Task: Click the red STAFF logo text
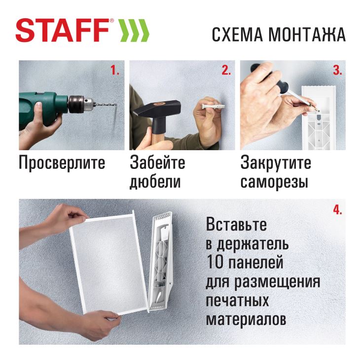(62, 30)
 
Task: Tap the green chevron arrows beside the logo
(134, 30)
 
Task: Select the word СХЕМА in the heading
(237, 35)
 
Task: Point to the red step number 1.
(114, 70)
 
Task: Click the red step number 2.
(226, 70)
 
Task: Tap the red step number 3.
(337, 70)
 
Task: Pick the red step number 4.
(337, 210)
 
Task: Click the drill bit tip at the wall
(115, 105)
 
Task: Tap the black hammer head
(156, 112)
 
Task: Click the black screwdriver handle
(270, 77)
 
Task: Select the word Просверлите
(62, 163)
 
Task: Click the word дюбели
(155, 182)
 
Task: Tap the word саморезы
(274, 182)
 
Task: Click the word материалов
(246, 320)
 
